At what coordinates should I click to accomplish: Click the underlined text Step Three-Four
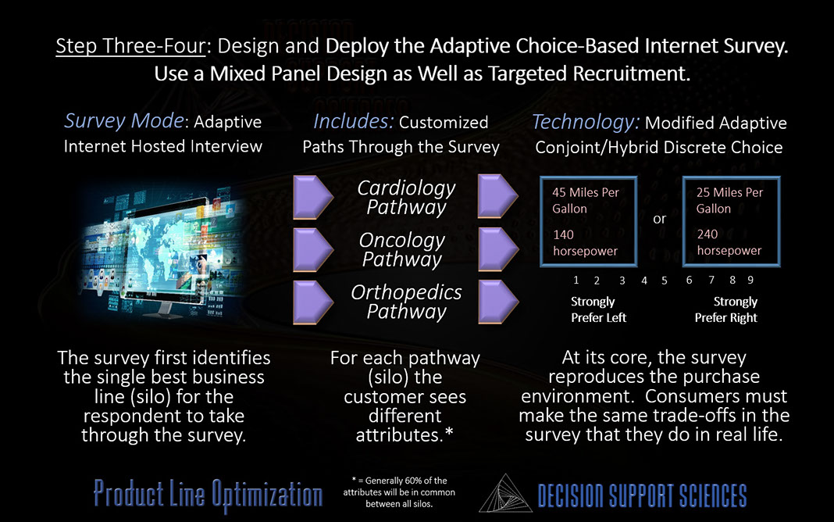130,46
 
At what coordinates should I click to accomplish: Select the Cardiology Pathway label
406,198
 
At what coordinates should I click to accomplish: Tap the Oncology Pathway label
402,249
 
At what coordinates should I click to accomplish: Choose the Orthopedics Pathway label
406,302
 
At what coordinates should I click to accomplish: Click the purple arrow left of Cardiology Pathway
313,197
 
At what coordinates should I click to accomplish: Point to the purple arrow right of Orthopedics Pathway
498,302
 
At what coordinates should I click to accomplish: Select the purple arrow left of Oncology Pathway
313,249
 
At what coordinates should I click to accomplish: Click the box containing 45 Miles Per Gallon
588,221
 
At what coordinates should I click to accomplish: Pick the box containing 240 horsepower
732,221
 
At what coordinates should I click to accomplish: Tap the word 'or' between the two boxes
660,219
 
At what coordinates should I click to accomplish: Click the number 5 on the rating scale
665,281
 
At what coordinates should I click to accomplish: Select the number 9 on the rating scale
750,280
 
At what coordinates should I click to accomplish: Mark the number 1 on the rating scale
576,280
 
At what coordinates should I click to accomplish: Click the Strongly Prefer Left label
598,309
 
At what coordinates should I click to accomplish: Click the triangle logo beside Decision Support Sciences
505,494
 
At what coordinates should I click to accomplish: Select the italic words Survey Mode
124,121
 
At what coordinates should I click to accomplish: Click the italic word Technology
586,123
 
